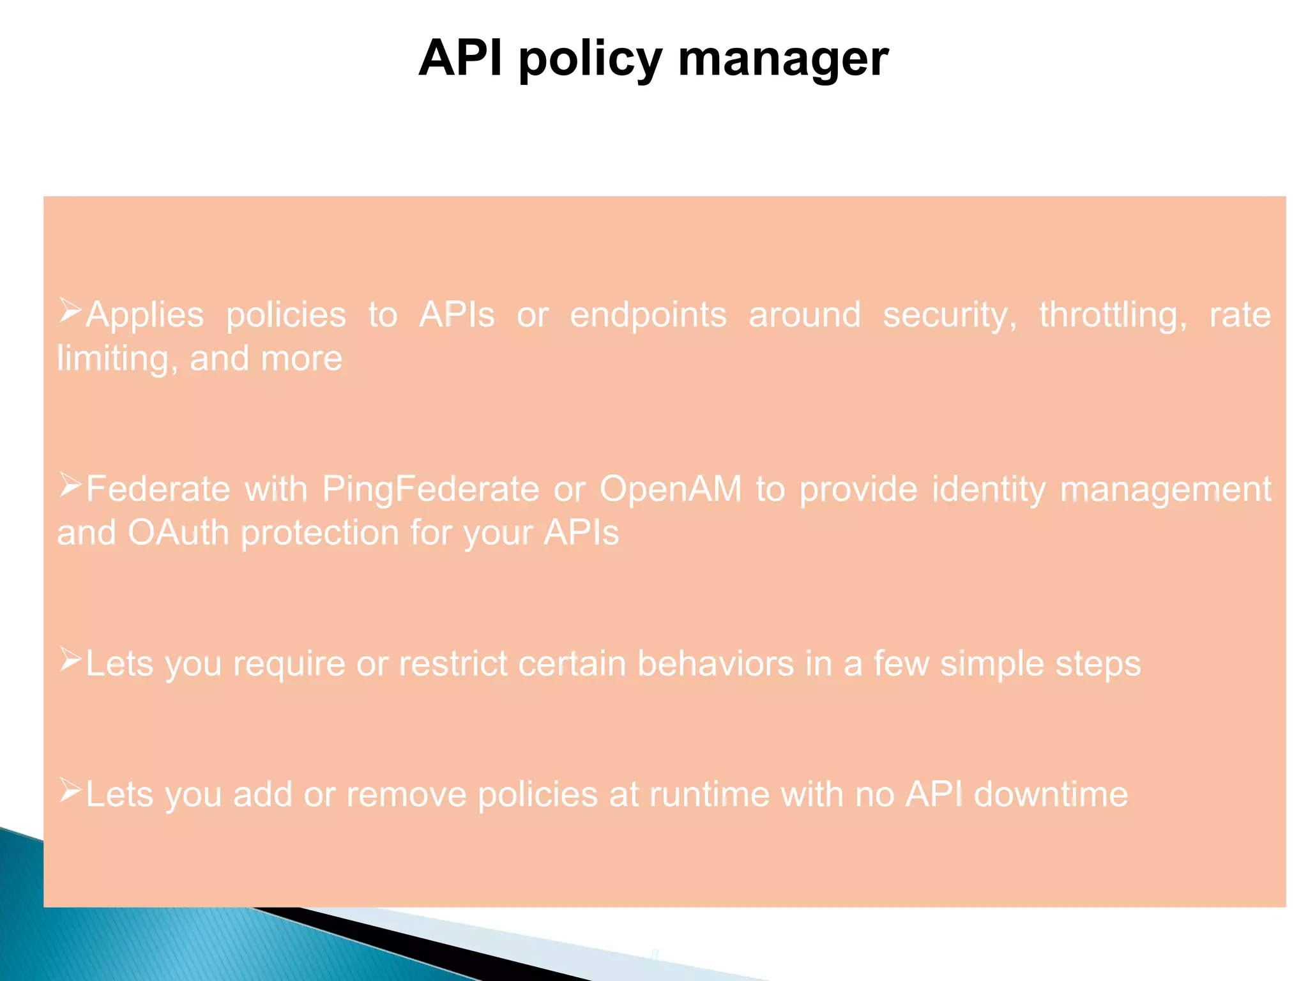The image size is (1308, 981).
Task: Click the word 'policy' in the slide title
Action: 590,59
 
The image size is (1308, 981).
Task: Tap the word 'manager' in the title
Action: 783,59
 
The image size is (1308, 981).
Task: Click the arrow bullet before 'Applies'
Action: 70,311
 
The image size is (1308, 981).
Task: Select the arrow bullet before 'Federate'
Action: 70,485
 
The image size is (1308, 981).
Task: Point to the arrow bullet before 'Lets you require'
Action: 70,660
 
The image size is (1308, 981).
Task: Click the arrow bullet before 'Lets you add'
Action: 70,791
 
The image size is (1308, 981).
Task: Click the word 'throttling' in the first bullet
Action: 1113,316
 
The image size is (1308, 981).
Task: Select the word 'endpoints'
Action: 648,316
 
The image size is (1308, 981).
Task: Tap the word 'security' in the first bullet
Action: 949,316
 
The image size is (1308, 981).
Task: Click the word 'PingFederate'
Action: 430,490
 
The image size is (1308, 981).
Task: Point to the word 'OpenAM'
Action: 671,490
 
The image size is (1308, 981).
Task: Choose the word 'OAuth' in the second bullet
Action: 178,533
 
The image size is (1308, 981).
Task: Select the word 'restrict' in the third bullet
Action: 453,664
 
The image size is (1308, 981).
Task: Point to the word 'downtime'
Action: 1051,795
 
